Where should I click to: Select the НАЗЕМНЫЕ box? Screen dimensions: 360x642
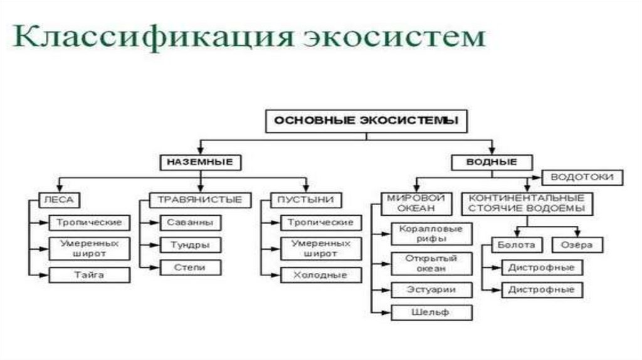(199, 162)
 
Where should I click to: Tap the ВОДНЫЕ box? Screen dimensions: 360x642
(492, 162)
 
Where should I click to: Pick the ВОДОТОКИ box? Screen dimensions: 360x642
(581, 177)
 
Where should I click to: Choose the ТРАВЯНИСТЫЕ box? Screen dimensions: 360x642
(199, 200)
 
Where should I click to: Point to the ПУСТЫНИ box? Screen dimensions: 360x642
(306, 200)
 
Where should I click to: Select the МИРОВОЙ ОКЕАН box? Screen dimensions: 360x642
(411, 203)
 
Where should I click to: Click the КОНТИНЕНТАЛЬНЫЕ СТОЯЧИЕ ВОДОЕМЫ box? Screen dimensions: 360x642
(527, 203)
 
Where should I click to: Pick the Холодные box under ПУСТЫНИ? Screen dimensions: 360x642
(320, 275)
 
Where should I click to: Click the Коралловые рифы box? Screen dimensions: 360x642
(430, 233)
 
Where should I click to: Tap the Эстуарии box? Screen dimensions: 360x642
(430, 290)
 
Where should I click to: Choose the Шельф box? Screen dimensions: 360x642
(430, 312)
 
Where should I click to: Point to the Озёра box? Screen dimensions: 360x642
(572, 245)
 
